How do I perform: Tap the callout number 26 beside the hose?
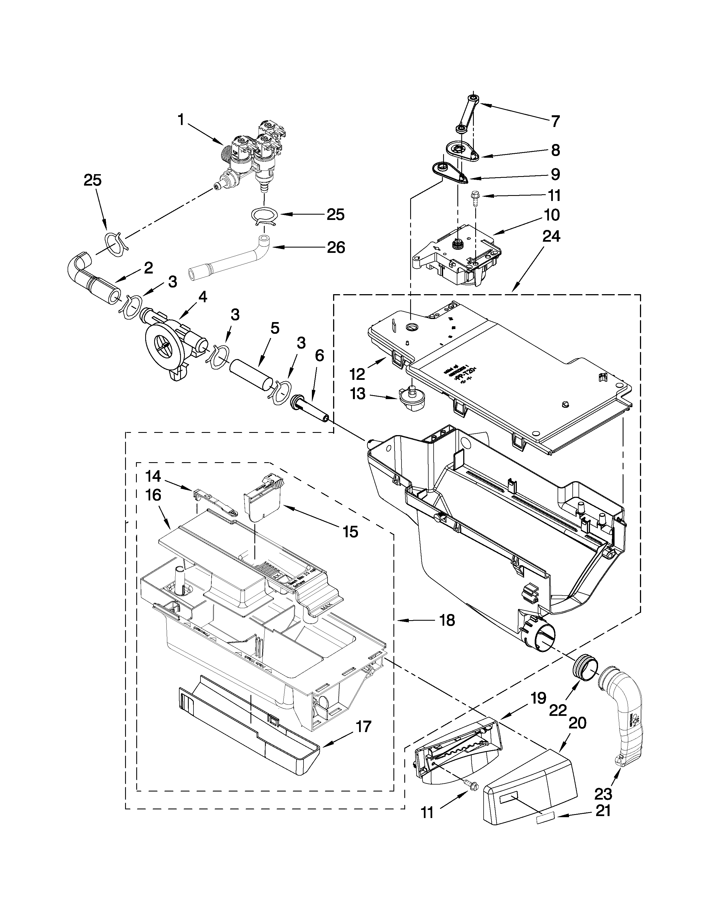coord(336,248)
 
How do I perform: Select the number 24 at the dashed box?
coord(551,237)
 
